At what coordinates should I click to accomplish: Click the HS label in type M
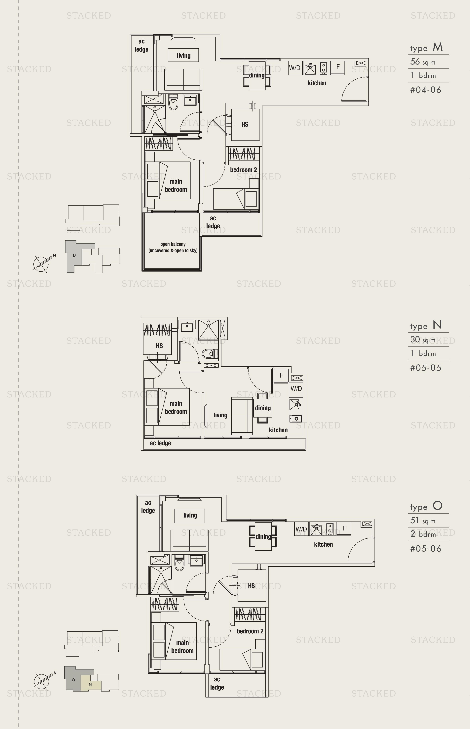point(245,124)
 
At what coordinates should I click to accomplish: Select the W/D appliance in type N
point(296,388)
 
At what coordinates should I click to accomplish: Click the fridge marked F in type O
point(345,528)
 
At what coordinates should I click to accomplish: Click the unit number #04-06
point(426,90)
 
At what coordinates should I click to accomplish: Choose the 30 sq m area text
point(423,340)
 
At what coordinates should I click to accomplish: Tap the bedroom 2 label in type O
point(250,631)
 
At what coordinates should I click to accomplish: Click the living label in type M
point(183,56)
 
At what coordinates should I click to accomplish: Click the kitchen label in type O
point(323,544)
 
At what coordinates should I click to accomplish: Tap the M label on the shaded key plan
point(75,256)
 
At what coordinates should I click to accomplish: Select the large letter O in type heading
point(437,505)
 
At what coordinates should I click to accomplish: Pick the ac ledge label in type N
point(160,443)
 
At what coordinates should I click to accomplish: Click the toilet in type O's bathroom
point(179,563)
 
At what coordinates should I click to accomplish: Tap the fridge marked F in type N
point(281,375)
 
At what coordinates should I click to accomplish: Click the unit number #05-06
point(426,549)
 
